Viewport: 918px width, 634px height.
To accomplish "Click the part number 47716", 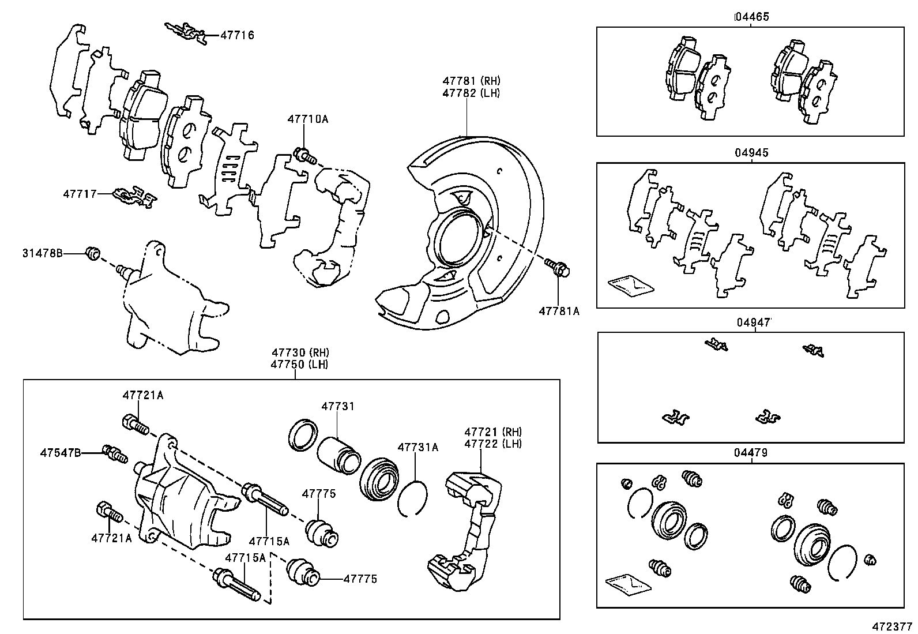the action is click(x=238, y=35).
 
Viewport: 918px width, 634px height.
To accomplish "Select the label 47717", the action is click(x=80, y=194).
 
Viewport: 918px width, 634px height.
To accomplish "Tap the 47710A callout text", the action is click(x=308, y=119).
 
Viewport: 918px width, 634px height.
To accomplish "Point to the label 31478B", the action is click(x=43, y=253).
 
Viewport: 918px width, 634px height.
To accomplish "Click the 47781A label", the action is click(x=559, y=312).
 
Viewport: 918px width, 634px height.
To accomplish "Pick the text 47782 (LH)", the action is click(x=471, y=93).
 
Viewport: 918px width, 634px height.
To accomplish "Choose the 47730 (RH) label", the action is click(x=300, y=352).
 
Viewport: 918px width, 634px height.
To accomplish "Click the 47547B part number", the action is click(x=61, y=453).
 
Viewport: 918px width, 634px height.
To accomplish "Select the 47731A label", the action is click(x=418, y=447).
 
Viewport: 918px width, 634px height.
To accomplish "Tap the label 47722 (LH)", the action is click(x=493, y=444).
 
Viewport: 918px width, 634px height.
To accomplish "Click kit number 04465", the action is click(x=751, y=17).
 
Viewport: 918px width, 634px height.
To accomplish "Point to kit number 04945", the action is click(x=751, y=153).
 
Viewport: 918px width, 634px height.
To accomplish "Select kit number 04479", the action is click(x=751, y=453).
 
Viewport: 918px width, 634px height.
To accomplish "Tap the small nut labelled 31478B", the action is click(x=93, y=253).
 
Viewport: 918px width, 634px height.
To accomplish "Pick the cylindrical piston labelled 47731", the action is click(x=339, y=456).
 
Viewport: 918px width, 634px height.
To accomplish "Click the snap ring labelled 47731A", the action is click(x=413, y=498).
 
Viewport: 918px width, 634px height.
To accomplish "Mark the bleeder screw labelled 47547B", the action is click(x=115, y=454).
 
